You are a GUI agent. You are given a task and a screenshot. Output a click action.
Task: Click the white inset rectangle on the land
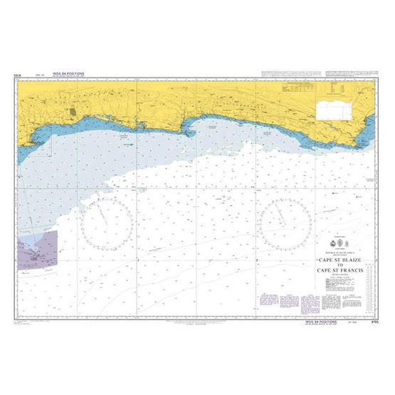(x=333, y=108)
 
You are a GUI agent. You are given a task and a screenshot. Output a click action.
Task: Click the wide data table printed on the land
(x=297, y=90)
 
